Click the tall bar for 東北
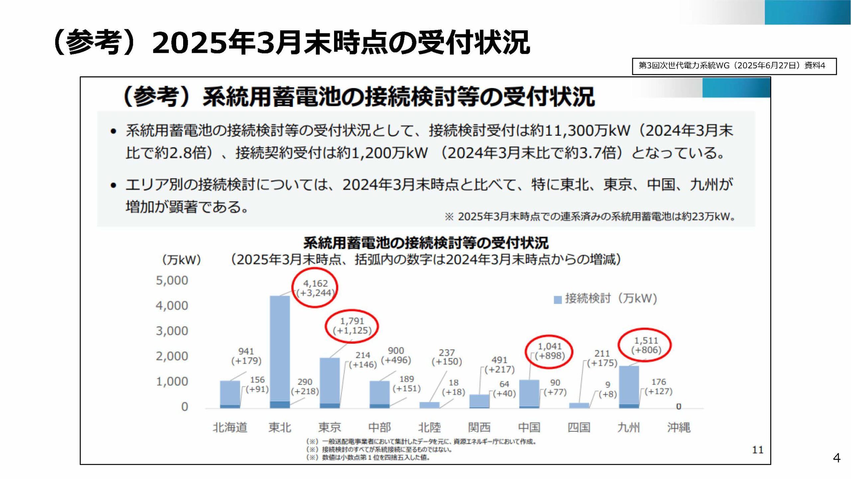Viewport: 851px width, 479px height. pos(280,349)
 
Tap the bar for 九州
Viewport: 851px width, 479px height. pos(629,386)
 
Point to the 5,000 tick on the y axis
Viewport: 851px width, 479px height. pos(172,280)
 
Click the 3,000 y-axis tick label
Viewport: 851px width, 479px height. pos(172,331)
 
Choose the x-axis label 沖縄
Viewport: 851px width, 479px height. pos(678,427)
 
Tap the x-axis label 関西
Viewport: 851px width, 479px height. pos(479,427)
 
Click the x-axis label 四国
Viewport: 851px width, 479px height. pos(579,427)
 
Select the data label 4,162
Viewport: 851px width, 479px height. pos(315,283)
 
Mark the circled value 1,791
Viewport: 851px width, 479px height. pos(352,321)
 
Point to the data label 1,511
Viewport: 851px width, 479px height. pos(646,341)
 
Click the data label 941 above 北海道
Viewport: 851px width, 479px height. pos(246,351)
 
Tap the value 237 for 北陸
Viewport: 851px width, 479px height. pos(446,352)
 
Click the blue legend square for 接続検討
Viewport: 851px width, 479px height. pos(557,300)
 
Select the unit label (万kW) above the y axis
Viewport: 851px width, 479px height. pos(182,260)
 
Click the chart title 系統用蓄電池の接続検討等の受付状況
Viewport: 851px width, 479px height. pos(426,243)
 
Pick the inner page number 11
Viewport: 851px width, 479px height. pos(758,450)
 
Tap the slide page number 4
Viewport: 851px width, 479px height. pos(837,458)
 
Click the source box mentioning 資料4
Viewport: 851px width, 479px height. pos(734,66)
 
